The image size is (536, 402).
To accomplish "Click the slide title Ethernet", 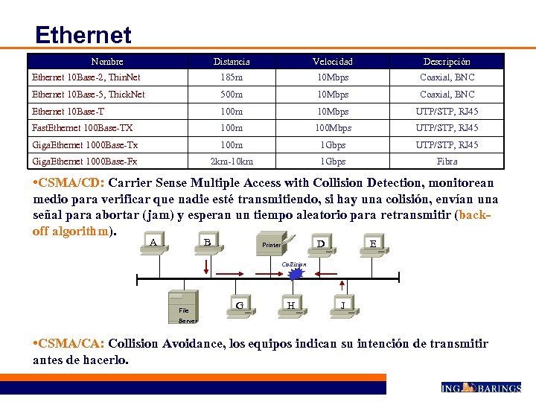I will click(83, 35).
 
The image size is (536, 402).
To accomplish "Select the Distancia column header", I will click(232, 62).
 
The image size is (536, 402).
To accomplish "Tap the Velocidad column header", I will click(333, 62).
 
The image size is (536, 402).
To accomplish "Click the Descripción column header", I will click(447, 62).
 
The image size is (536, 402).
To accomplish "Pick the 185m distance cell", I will click(232, 77).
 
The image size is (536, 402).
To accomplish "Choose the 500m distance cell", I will click(232, 95).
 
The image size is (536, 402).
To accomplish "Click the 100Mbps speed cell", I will click(333, 128).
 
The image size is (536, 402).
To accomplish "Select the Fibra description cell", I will click(447, 162).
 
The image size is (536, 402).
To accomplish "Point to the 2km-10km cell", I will click(232, 162).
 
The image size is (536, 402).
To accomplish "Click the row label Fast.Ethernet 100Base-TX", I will click(82, 128).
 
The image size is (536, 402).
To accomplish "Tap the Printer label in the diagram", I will click(272, 244).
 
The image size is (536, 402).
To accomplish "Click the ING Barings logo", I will click(479, 387).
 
